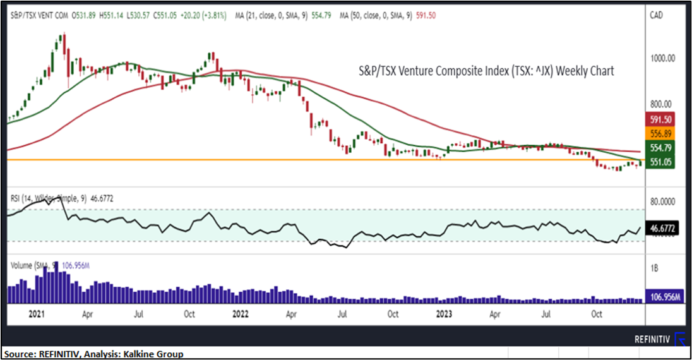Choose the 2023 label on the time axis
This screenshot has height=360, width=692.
[x=443, y=313]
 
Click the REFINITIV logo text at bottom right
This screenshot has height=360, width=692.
[x=652, y=340]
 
